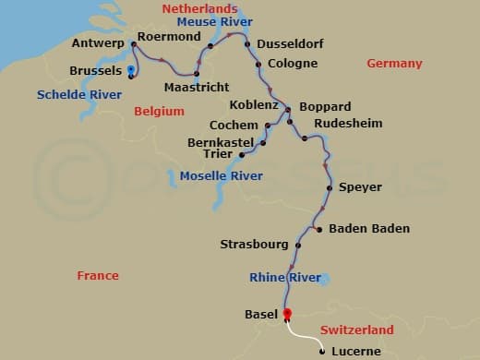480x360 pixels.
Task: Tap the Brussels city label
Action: click(x=96, y=71)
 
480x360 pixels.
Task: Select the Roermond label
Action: click(x=170, y=37)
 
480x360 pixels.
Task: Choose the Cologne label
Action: click(x=292, y=64)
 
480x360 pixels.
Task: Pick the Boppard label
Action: click(x=324, y=107)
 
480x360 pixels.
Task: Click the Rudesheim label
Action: click(x=348, y=123)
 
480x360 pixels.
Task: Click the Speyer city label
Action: click(x=360, y=187)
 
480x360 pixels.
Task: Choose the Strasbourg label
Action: click(x=253, y=245)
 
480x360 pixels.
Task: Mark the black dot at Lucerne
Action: click(x=320, y=352)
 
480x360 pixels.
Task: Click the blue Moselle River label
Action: click(x=222, y=175)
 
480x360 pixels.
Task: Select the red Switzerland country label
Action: click(x=356, y=330)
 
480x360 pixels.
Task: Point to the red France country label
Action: click(x=98, y=276)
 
